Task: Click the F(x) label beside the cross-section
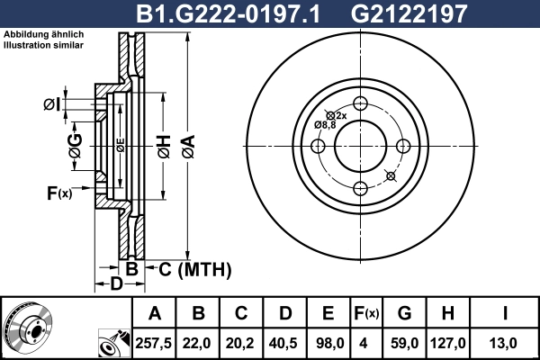tap(59, 192)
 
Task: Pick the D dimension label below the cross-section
tap(116, 285)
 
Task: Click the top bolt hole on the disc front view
tap(360, 103)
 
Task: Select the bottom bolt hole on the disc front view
tap(360, 187)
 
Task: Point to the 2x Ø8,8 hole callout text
tap(326, 120)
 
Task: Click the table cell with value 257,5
tap(155, 342)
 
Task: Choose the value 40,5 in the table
tap(284, 342)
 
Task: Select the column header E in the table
tap(328, 313)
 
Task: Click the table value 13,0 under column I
tap(506, 342)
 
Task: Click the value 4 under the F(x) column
tap(365, 342)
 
